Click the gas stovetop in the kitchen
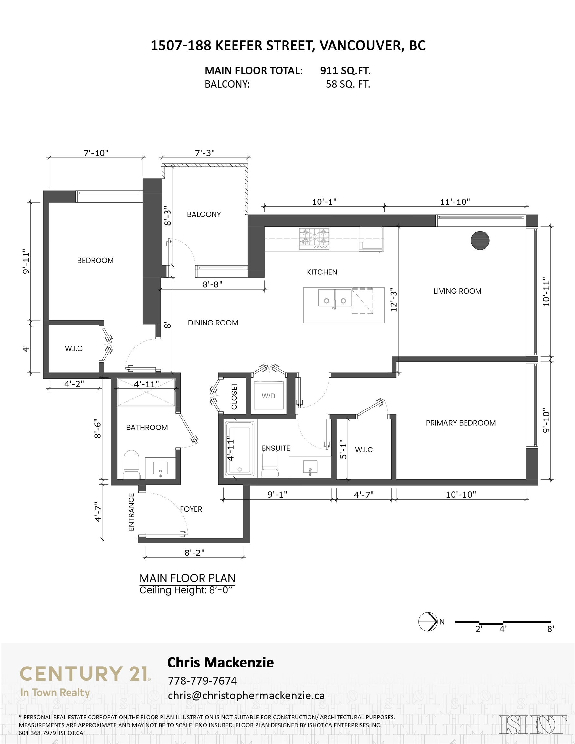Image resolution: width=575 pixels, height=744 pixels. (315, 238)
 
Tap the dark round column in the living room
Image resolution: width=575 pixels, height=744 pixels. (480, 241)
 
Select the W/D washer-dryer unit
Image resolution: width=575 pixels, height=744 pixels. (268, 396)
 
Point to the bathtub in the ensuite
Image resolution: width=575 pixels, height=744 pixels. (239, 448)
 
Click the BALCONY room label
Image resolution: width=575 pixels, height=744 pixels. (204, 214)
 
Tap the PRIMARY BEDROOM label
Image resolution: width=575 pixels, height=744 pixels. (460, 423)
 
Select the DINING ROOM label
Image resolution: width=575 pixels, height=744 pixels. (213, 323)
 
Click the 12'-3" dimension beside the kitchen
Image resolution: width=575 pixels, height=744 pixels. (394, 300)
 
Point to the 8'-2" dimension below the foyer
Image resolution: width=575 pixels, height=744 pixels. (194, 552)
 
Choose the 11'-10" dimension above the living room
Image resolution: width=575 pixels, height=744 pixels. (455, 202)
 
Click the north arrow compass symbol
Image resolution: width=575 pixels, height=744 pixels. (428, 622)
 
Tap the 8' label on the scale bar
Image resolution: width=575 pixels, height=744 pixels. (550, 629)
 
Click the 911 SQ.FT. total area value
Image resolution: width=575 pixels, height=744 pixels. (345, 70)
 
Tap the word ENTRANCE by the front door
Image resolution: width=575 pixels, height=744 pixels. (131, 512)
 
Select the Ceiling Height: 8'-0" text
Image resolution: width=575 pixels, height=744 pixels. (187, 590)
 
